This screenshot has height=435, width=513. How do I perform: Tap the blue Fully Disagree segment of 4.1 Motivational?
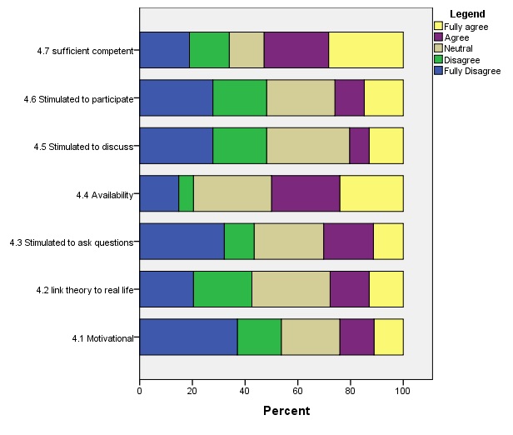[x=188, y=337]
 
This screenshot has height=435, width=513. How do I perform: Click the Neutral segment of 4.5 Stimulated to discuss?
[x=308, y=147]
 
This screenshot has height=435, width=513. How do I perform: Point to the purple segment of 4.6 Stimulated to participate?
[x=349, y=98]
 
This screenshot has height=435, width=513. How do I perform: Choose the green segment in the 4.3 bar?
[x=239, y=242]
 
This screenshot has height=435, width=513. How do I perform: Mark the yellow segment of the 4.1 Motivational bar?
[x=388, y=337]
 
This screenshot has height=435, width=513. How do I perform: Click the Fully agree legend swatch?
[x=438, y=27]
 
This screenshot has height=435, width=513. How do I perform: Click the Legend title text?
[x=466, y=14]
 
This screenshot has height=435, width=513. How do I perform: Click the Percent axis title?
[x=286, y=411]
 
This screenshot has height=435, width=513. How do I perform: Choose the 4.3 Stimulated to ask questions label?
[x=72, y=242]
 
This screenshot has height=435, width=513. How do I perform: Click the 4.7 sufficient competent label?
[x=85, y=51]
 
